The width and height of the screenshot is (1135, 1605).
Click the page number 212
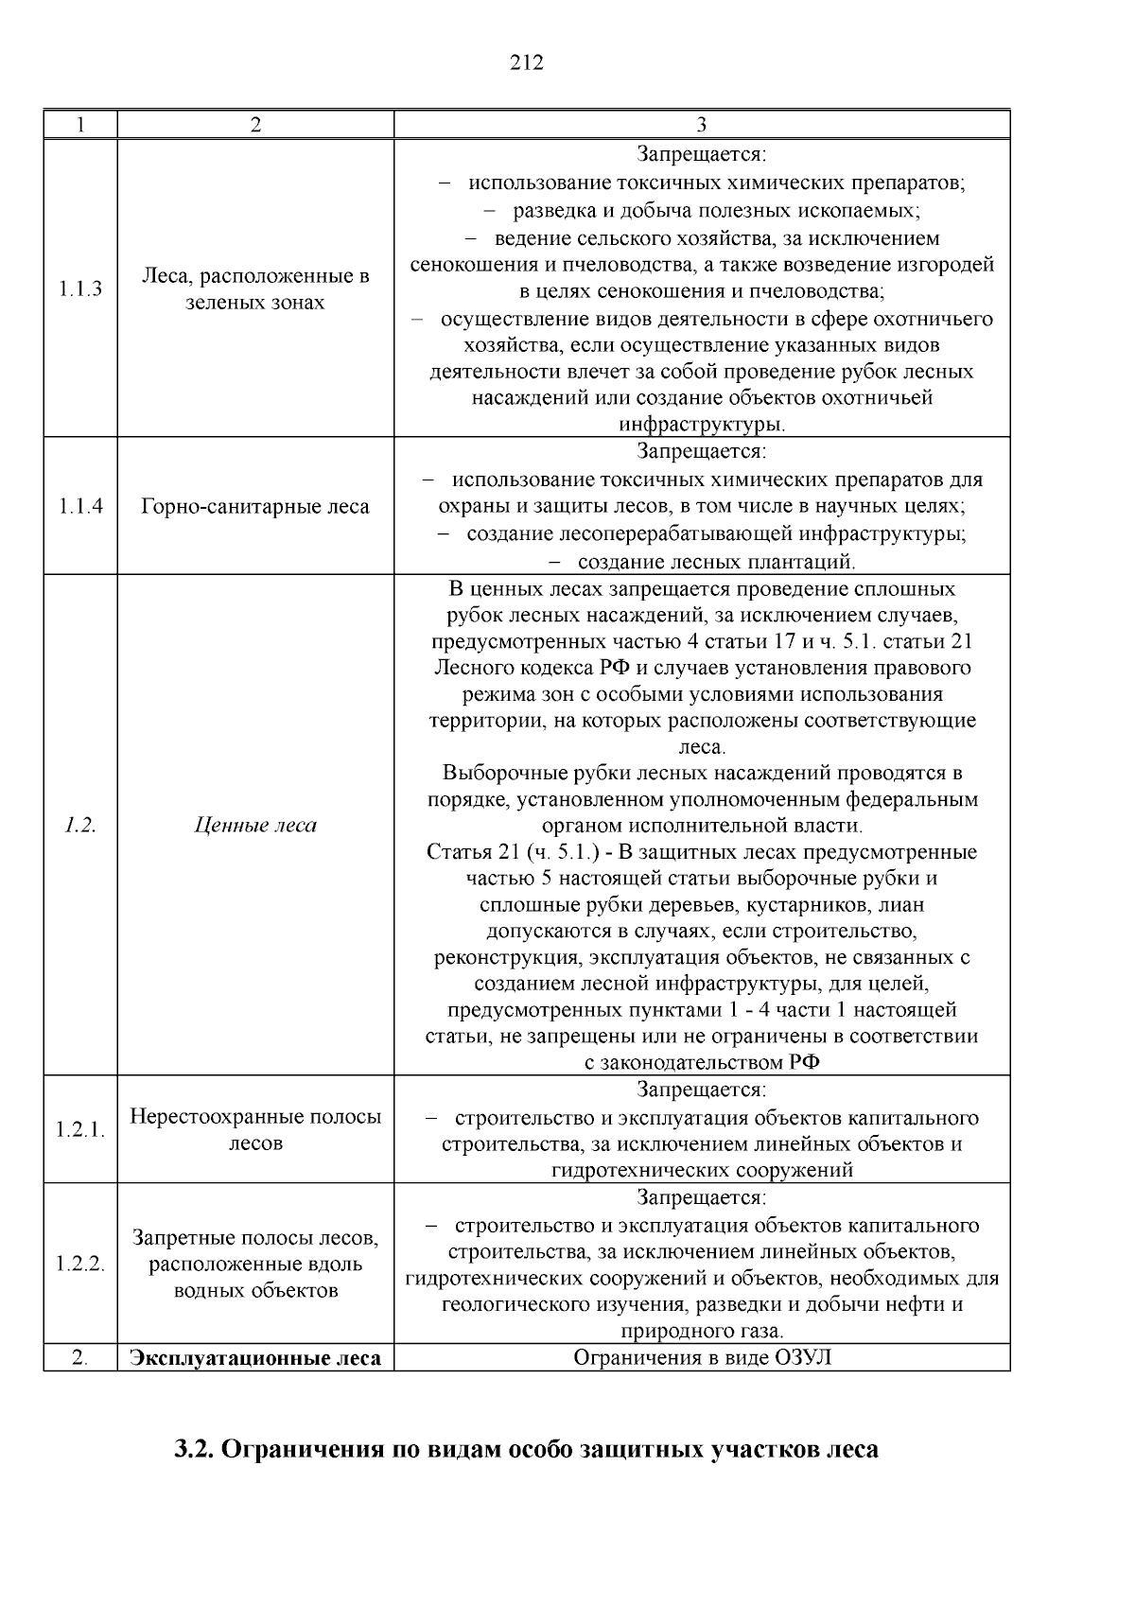click(x=527, y=63)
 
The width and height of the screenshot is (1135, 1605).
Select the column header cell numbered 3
click(x=701, y=125)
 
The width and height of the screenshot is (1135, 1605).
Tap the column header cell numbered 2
click(x=255, y=125)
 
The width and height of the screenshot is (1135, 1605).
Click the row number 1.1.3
click(x=80, y=289)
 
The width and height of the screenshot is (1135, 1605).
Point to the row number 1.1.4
click(x=80, y=506)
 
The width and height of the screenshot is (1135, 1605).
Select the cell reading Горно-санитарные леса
click(x=255, y=506)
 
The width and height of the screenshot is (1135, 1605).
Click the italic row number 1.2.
click(x=80, y=825)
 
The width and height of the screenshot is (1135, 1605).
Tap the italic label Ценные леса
click(x=255, y=825)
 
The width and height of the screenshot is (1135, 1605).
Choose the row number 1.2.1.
click(x=80, y=1130)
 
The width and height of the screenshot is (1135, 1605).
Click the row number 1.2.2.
click(x=80, y=1265)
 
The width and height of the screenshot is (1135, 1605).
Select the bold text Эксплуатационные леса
click(x=255, y=1358)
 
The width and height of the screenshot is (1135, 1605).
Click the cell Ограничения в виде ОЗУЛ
click(x=701, y=1358)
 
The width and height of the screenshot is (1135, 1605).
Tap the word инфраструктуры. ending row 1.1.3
click(x=701, y=424)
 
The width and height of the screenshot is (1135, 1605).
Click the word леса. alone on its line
click(x=701, y=747)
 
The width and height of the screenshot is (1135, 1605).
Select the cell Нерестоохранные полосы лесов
click(x=255, y=1129)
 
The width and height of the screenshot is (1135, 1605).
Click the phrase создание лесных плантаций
click(x=715, y=563)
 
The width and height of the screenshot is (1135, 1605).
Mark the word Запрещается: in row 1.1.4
click(x=701, y=451)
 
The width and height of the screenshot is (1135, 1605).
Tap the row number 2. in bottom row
click(x=80, y=1358)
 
